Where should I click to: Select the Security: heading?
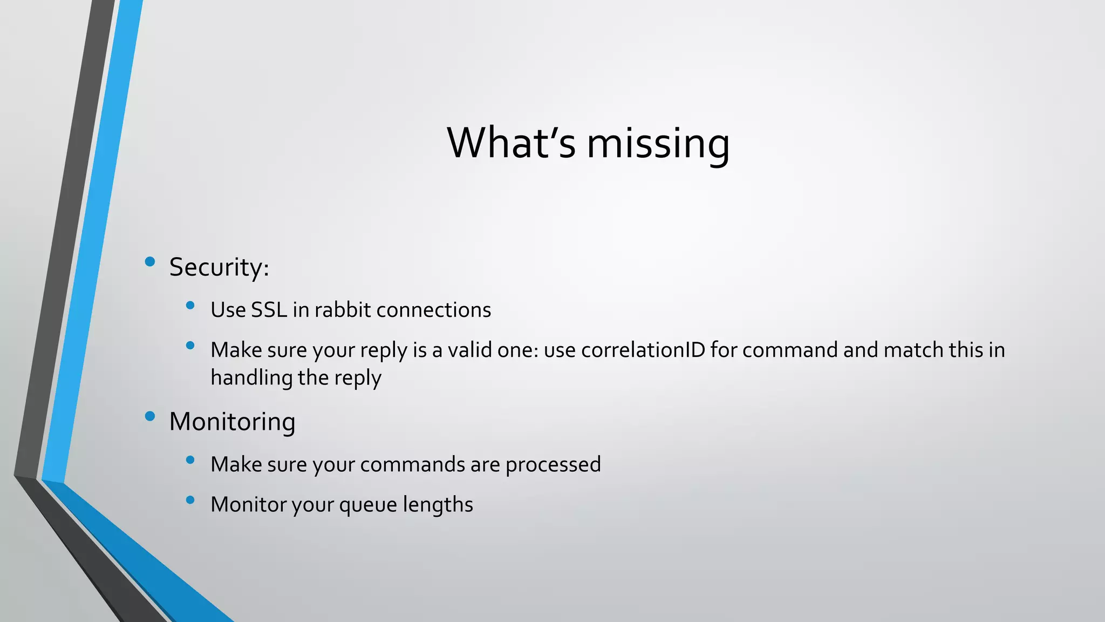[219, 267]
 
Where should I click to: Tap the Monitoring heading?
[232, 422]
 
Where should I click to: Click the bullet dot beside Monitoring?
[150, 416]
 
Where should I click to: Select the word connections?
[434, 310]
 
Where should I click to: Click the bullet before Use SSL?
[190, 306]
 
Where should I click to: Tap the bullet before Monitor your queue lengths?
[190, 500]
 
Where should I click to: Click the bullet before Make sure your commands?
[190, 460]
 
